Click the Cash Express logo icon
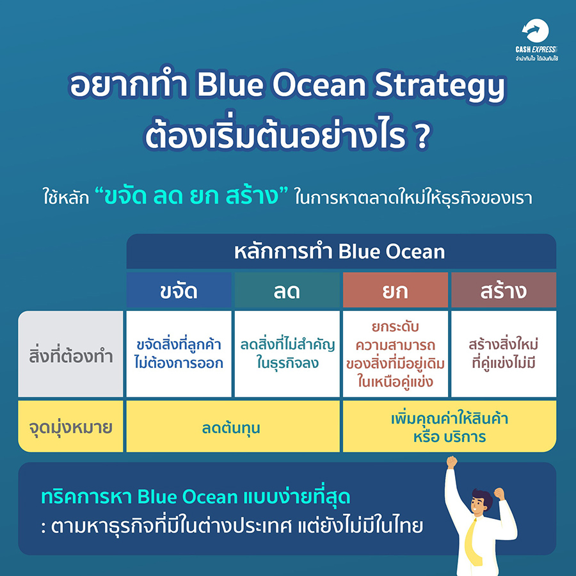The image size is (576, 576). coord(536,31)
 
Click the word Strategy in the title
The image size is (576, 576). coord(440,86)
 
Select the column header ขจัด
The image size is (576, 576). coord(179,290)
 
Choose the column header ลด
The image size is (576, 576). coord(287,290)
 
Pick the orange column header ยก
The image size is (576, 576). coord(396,290)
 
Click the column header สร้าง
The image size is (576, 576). coord(504,290)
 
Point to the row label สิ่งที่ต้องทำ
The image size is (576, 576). coord(70,354)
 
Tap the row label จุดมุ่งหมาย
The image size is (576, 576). coord(70,426)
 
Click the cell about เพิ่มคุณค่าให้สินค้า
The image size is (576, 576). coord(450,426)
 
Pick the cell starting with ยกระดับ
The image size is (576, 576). coord(396,354)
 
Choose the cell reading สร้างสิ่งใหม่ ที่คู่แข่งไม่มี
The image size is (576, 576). coord(504,354)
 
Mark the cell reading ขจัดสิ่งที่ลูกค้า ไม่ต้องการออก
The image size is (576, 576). coord(179,354)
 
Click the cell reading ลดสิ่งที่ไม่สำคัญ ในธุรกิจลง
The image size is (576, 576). coord(287,354)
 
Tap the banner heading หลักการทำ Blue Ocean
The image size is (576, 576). coord(339,252)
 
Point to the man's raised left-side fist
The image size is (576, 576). coord(452,461)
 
